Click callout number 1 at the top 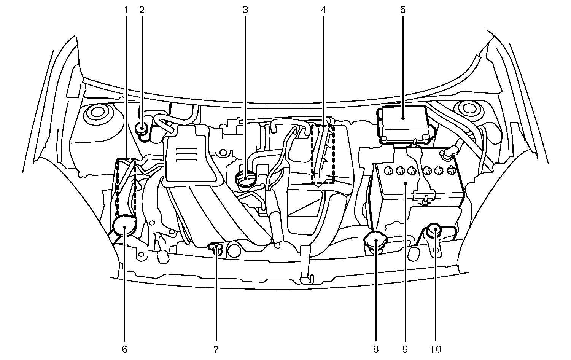(x=126, y=10)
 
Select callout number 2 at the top (x=142, y=10)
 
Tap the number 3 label (x=245, y=10)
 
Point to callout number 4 (x=323, y=10)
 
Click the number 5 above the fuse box (x=402, y=10)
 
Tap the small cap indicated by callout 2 (x=142, y=128)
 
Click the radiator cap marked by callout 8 (x=375, y=241)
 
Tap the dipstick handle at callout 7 (x=216, y=248)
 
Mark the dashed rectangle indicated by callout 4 (x=323, y=154)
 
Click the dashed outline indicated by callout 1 (x=126, y=186)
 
